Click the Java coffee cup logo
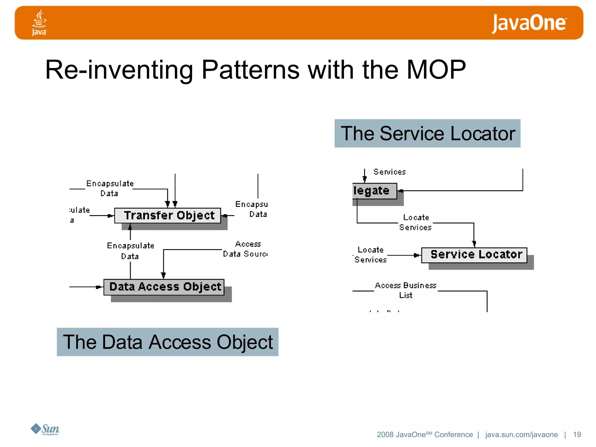coord(39,22)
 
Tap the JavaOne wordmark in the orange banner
coord(529,23)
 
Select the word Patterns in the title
coord(250,70)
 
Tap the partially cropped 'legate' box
coord(374,191)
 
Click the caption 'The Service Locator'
coord(427,134)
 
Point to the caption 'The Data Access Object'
coord(168,342)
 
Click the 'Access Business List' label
coord(406,290)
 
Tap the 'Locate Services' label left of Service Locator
coord(370,255)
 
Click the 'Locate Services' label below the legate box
coord(416,222)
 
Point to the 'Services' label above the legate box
coord(389,172)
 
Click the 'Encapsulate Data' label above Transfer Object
coord(110,188)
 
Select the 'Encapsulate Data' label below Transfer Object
coord(130,251)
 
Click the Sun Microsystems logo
coord(45,429)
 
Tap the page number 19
coord(577,434)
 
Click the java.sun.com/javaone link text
coord(521,434)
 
